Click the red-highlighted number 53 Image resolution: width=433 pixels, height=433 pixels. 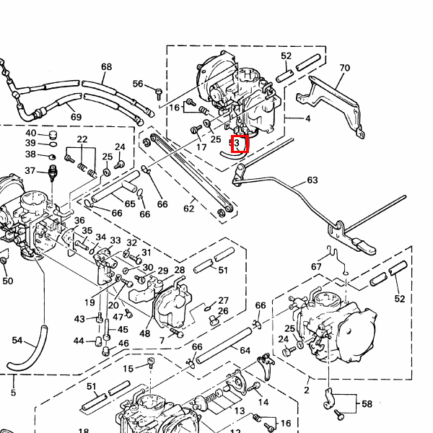click(x=239, y=144)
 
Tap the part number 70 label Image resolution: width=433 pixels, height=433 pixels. click(x=344, y=69)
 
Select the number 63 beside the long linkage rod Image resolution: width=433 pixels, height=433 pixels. click(x=312, y=180)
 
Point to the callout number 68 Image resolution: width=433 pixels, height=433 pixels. click(x=107, y=67)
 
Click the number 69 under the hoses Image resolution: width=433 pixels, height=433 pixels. click(x=76, y=117)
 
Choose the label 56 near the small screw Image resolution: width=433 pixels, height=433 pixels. click(x=138, y=84)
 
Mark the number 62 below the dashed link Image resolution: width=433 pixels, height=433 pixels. click(x=188, y=209)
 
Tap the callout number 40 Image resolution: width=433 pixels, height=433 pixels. click(x=30, y=134)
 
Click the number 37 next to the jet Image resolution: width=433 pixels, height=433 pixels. click(x=30, y=171)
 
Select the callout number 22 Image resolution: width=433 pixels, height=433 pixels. click(x=82, y=139)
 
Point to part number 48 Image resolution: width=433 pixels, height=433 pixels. click(x=144, y=333)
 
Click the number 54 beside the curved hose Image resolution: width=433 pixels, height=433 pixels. click(x=17, y=339)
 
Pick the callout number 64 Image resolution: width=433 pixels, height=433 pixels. click(x=245, y=351)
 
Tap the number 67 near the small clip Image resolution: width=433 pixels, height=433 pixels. click(x=316, y=267)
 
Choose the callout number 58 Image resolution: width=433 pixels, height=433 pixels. click(x=367, y=404)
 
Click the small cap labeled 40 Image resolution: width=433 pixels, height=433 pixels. click(x=52, y=135)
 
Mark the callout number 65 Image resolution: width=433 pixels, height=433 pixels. click(x=130, y=204)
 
